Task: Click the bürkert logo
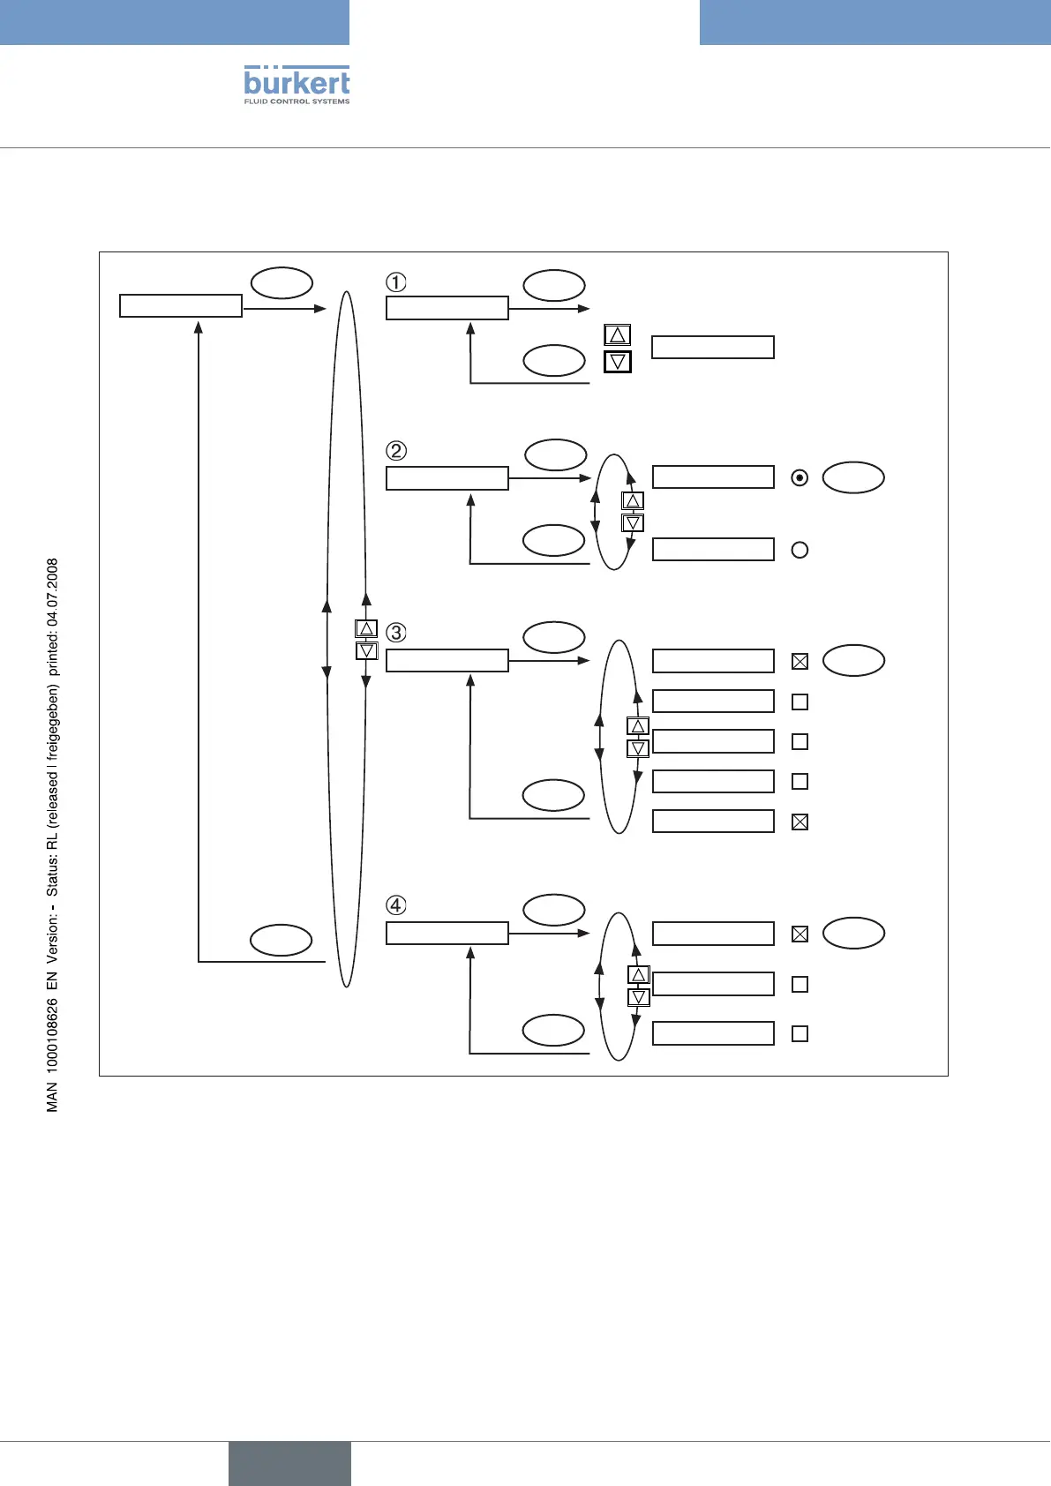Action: tap(297, 82)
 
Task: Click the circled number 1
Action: tap(396, 282)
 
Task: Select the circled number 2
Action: tap(396, 451)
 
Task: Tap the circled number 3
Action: tap(396, 633)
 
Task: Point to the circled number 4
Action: tap(396, 905)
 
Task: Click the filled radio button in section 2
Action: tap(800, 478)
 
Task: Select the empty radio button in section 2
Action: tap(800, 550)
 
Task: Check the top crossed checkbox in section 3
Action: tap(800, 661)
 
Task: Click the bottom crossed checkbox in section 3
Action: tap(800, 822)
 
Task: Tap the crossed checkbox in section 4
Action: tap(800, 934)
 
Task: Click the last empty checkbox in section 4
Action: tap(800, 1033)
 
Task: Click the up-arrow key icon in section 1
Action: tap(618, 335)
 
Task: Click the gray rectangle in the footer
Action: tap(289, 1463)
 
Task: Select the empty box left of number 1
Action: tap(181, 306)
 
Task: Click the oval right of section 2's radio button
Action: tap(853, 477)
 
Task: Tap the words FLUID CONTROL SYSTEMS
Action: tap(297, 101)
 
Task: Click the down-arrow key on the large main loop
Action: tap(366, 651)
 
